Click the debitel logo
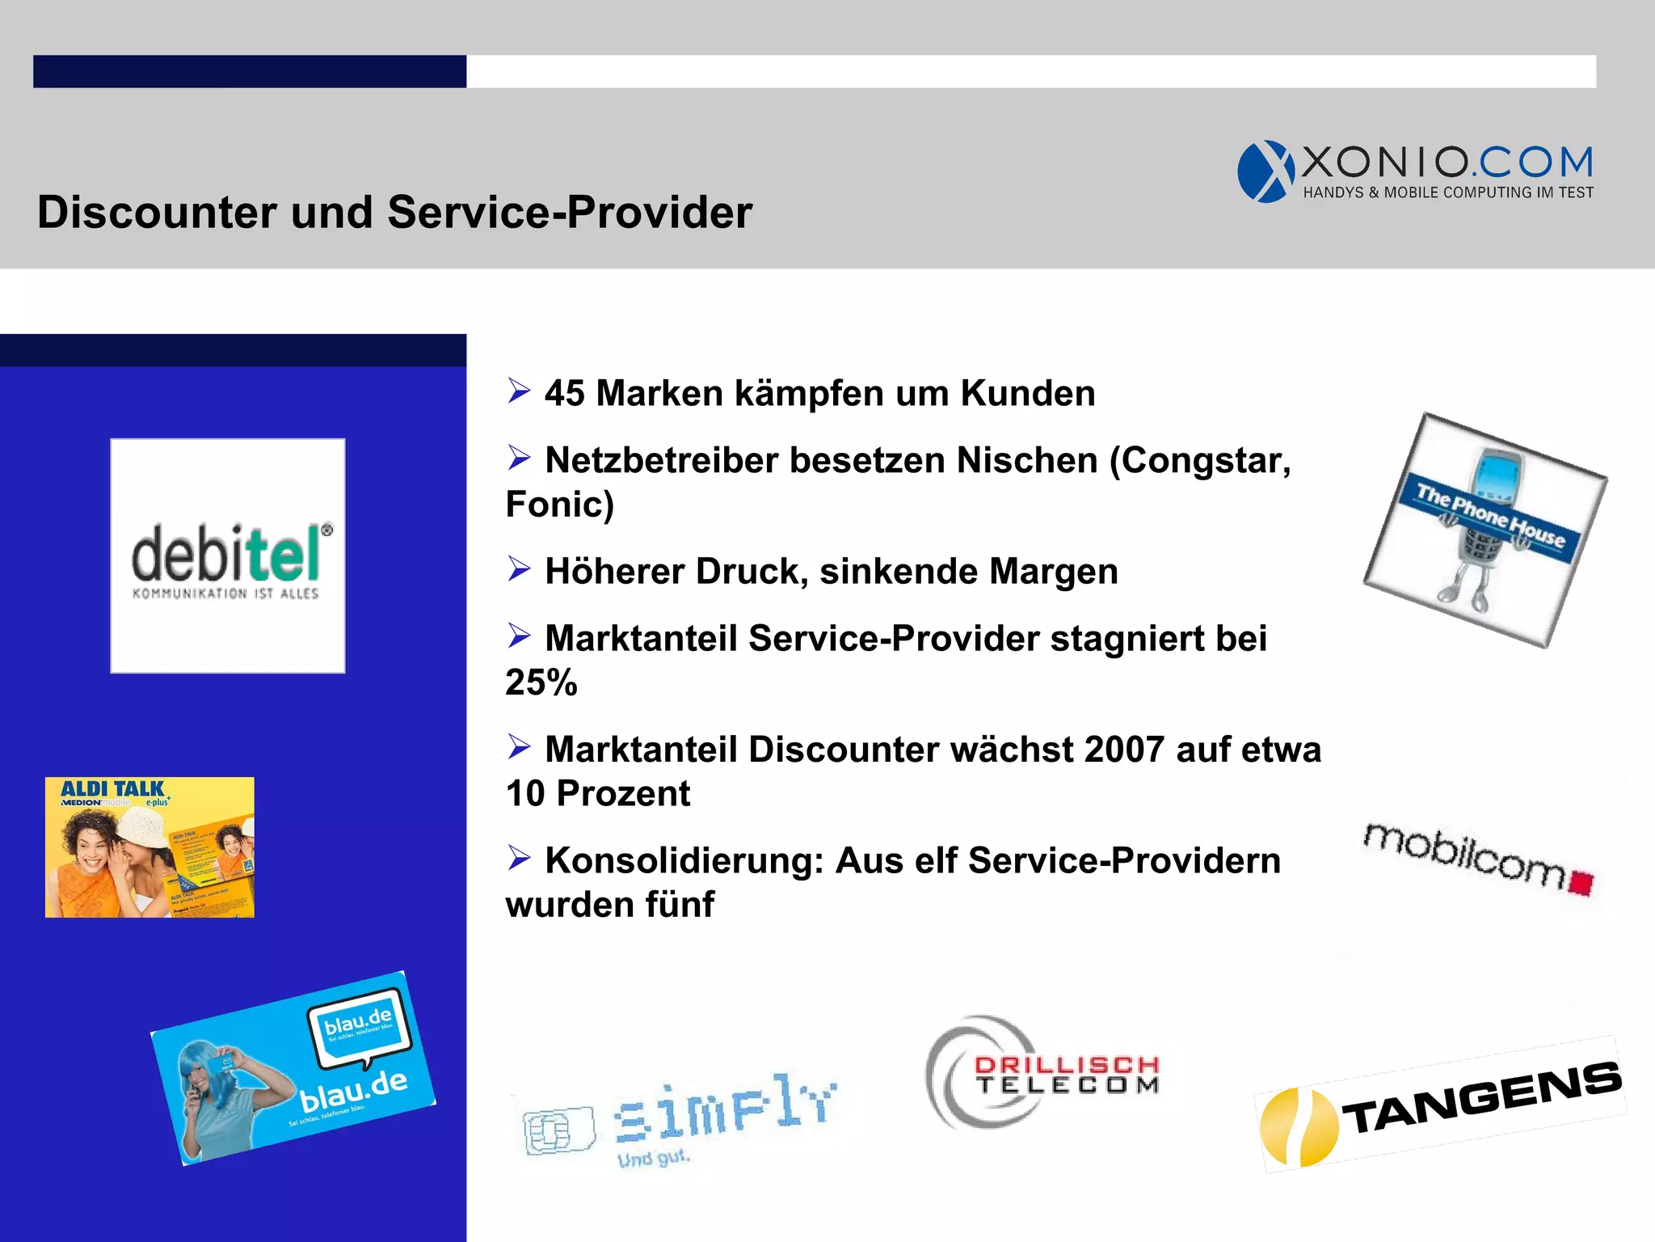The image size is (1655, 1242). tap(228, 556)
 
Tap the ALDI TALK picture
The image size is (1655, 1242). tap(149, 847)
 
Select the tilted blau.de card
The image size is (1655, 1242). tap(293, 1068)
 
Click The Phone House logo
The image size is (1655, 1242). tap(1485, 530)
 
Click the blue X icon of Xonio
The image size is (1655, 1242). tap(1265, 171)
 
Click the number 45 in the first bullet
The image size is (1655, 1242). tap(564, 394)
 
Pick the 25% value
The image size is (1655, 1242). tap(541, 682)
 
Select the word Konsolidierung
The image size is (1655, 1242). tap(684, 860)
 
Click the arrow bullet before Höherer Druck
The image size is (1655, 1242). tap(519, 569)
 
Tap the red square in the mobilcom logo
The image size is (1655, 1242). tap(1581, 882)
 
